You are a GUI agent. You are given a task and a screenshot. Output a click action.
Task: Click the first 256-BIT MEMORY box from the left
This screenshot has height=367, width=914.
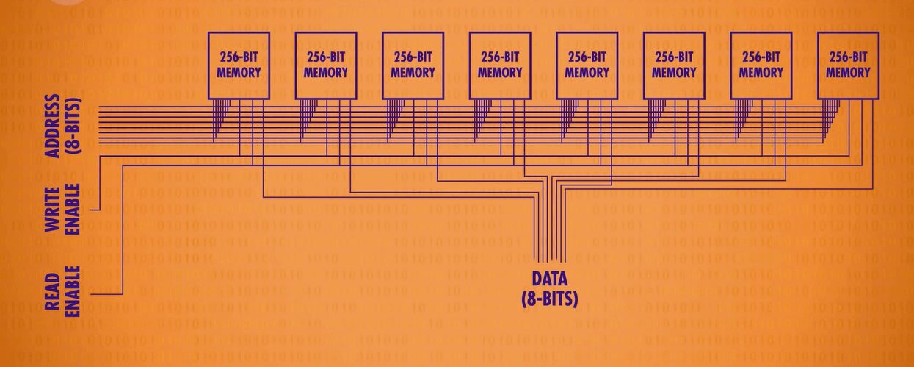pos(239,65)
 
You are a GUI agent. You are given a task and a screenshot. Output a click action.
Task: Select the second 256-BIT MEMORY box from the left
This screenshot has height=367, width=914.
pos(325,65)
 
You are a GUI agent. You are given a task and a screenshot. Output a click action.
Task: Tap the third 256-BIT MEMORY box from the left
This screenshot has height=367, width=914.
pos(413,65)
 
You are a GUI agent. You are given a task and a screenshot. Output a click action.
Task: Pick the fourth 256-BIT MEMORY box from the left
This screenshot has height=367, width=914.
pos(500,65)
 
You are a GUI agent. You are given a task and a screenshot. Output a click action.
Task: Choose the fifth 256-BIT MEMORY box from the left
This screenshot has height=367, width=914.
pos(587,65)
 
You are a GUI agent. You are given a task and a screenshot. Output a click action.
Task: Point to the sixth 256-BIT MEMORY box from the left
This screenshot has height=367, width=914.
pos(674,65)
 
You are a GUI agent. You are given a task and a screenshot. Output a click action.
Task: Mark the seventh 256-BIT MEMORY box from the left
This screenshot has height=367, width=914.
pos(761,65)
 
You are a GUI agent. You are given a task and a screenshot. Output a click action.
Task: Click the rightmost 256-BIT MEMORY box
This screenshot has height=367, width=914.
pos(848,65)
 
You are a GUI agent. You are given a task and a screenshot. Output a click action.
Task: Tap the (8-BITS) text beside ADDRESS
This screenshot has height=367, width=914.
pos(74,124)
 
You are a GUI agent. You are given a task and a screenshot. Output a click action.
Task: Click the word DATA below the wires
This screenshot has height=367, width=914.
pos(549,279)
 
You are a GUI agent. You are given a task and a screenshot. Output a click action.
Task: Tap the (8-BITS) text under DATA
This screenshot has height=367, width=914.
pos(549,298)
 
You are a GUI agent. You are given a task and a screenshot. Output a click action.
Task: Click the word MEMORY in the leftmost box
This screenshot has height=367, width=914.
pos(239,72)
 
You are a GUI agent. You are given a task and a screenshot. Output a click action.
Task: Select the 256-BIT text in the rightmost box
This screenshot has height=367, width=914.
pos(848,57)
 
